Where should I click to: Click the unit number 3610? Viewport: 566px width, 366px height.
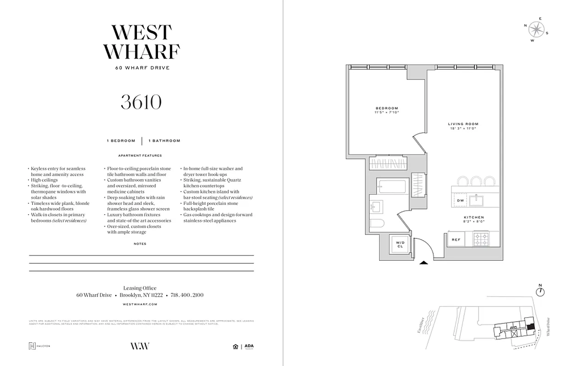141,102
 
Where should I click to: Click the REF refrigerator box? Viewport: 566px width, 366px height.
456,239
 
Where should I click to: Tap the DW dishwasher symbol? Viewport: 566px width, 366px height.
460,200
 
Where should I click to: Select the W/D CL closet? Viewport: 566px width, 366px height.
400,245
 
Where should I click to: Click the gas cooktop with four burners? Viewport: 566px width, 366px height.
482,239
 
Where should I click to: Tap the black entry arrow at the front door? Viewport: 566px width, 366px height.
424,262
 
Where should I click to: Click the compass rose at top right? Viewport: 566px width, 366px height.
535,30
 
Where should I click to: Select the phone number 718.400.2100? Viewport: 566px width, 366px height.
187,295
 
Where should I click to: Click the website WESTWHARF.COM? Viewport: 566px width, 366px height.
141,304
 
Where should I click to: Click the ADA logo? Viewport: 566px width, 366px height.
249,346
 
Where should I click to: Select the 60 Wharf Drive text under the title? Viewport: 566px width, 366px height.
142,68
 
